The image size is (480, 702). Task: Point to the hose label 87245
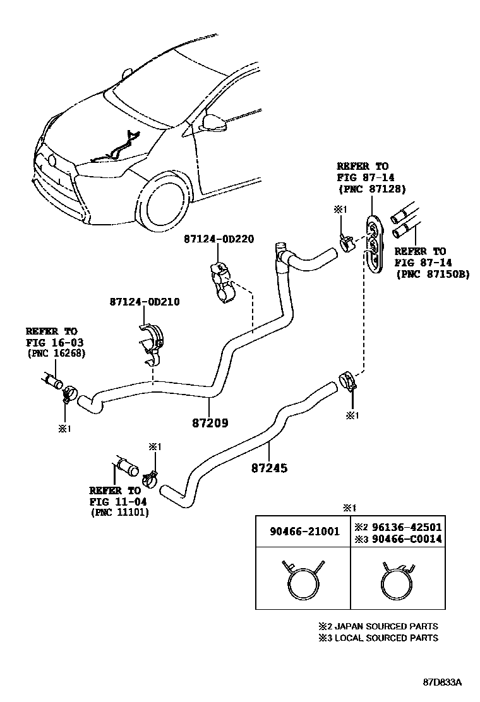[x=269, y=468]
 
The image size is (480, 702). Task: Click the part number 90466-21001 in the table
[x=303, y=532]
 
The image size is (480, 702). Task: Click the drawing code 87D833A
[x=443, y=682]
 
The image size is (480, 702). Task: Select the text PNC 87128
[x=373, y=189]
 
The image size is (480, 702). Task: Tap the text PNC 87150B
[x=432, y=274]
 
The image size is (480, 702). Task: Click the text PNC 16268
[x=56, y=353]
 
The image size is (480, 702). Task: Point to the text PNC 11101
[x=119, y=512]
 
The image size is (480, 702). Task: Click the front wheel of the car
[x=165, y=203]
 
